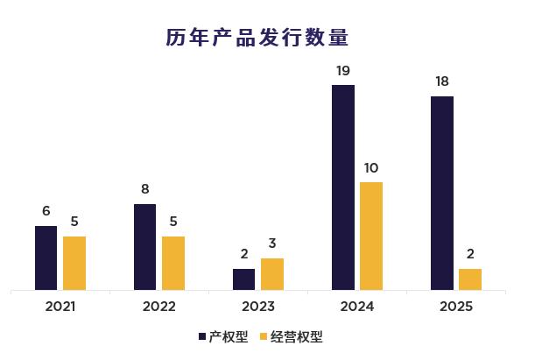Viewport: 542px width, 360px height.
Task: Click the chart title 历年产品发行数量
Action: coord(257,38)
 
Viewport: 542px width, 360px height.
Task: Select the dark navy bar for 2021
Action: coord(46,258)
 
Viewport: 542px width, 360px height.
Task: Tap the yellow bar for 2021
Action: coord(74,263)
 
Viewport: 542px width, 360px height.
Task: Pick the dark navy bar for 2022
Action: coord(145,246)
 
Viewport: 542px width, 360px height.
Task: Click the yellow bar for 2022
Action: coord(173,263)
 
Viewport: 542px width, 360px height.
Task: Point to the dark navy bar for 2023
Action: coord(244,279)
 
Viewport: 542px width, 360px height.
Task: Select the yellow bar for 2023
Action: coord(272,273)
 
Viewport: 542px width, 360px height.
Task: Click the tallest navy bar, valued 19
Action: coord(343,187)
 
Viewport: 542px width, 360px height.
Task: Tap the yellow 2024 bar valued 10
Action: coord(371,236)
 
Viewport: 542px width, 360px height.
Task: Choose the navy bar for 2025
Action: coord(442,193)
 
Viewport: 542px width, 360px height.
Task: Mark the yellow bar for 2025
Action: coord(470,279)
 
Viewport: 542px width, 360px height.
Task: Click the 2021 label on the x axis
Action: coord(60,307)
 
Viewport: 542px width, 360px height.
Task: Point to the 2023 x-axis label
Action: coord(258,307)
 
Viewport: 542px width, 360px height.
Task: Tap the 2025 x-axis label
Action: coord(456,307)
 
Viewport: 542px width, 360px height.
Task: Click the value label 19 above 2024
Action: coord(343,70)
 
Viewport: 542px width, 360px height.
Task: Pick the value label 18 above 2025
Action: coord(442,81)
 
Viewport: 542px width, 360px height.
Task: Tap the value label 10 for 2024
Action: coord(371,167)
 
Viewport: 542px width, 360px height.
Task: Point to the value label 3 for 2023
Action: coord(272,244)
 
